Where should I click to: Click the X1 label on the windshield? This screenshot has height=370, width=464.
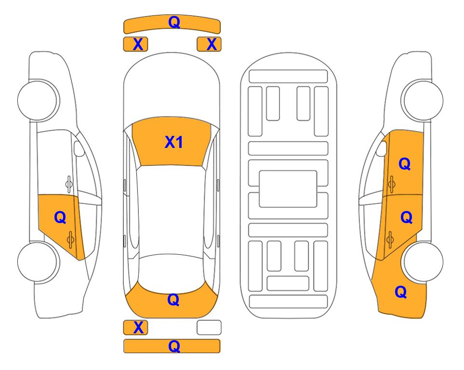tap(174, 142)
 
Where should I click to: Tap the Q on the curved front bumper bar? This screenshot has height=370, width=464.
tap(174, 22)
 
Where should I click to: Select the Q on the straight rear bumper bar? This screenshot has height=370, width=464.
tap(174, 346)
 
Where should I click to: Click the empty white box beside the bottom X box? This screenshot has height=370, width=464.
tap(209, 328)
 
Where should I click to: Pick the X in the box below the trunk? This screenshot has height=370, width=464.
tap(138, 328)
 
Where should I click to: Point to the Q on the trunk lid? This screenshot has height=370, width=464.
tap(173, 300)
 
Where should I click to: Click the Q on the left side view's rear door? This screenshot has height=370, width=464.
tap(60, 218)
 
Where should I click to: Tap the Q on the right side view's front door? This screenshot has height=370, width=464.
tap(405, 164)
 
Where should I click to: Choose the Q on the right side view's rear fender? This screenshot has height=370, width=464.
tap(401, 292)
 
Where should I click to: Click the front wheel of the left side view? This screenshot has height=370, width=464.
tap(38, 100)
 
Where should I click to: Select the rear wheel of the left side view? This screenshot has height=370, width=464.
tap(38, 262)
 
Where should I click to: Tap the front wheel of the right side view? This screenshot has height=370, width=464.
tap(423, 100)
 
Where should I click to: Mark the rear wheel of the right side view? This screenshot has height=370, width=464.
tap(423, 262)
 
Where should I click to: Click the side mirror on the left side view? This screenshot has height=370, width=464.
tap(79, 148)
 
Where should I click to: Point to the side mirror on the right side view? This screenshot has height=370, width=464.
tap(382, 148)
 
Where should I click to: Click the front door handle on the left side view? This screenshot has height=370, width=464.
tap(69, 184)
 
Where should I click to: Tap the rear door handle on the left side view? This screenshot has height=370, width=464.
tap(70, 240)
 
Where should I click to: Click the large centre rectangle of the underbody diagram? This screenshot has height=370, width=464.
tap(288, 189)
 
